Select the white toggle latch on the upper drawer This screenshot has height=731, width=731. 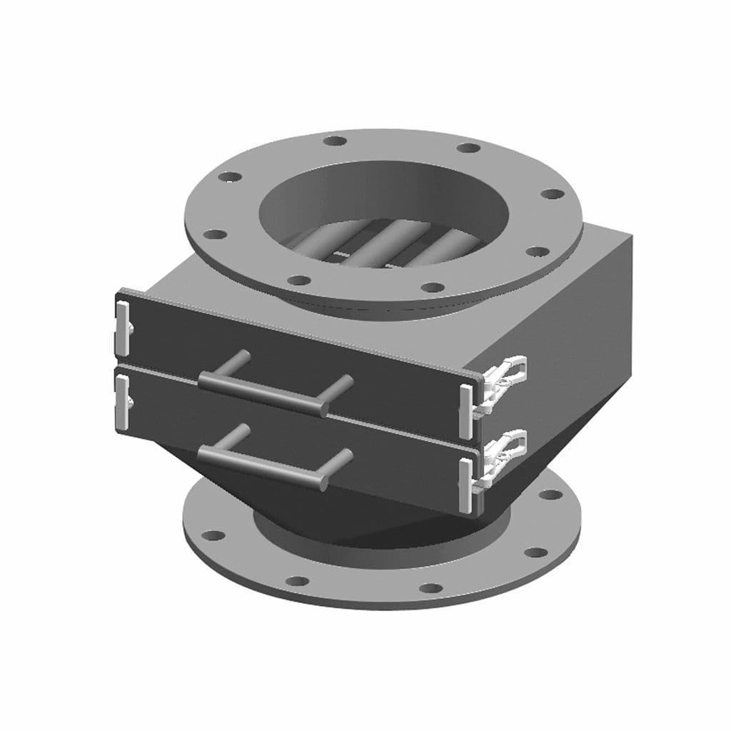(508, 375)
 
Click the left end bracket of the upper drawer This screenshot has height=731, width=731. (122, 328)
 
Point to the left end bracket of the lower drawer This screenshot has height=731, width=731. (122, 403)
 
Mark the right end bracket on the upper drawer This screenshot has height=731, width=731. (466, 410)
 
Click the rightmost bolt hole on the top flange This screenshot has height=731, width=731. (550, 194)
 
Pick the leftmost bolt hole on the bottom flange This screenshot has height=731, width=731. (212, 535)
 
